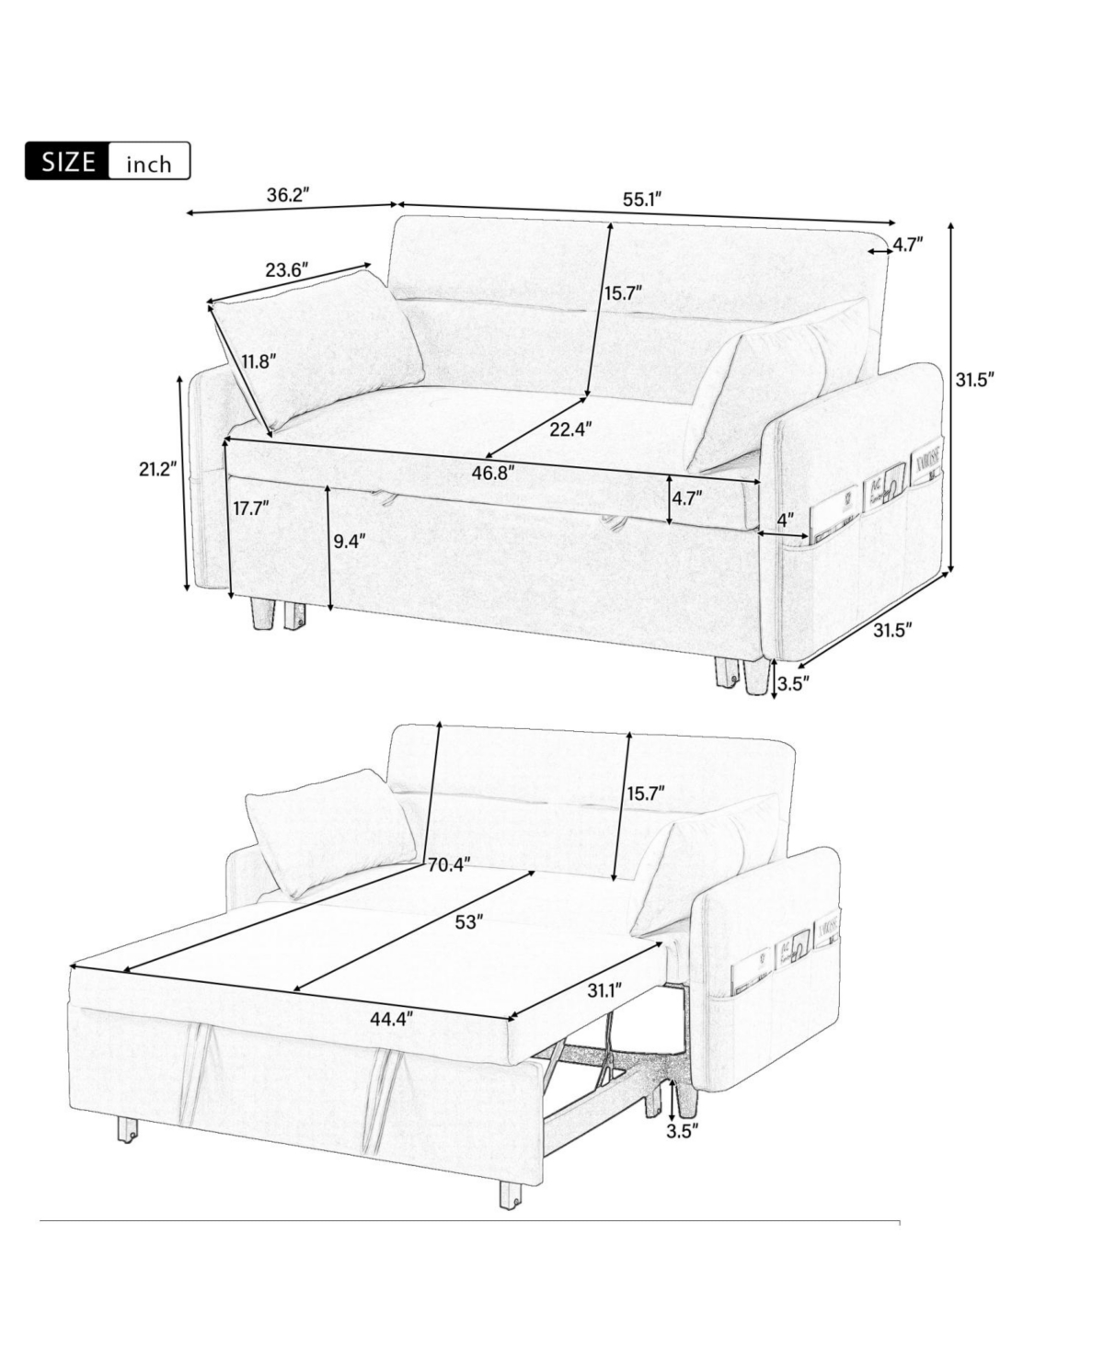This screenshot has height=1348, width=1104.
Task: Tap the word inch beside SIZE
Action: click(149, 164)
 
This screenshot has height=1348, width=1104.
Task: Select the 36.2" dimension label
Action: click(287, 195)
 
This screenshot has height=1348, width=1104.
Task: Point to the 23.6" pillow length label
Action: click(286, 270)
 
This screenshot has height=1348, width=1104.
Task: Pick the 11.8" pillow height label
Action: click(259, 360)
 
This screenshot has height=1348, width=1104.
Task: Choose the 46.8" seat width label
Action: click(492, 472)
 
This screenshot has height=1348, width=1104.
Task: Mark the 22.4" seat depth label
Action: click(570, 428)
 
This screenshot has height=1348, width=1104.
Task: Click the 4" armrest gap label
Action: click(785, 520)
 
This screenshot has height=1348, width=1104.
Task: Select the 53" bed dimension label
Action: click(468, 922)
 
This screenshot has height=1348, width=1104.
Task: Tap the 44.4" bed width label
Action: click(390, 1017)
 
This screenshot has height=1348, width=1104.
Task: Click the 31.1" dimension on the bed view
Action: click(604, 990)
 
